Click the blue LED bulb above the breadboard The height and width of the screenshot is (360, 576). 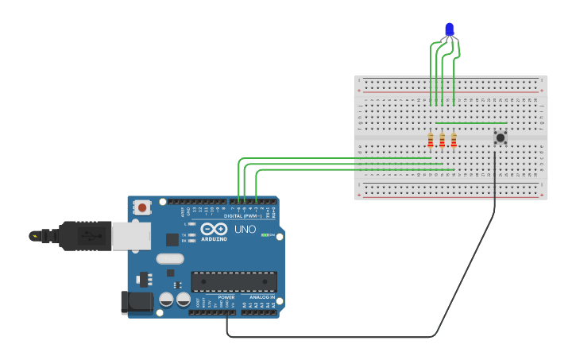450,29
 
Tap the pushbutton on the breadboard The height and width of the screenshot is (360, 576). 500,137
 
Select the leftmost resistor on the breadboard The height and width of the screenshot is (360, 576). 431,140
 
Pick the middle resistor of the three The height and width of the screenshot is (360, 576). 442,140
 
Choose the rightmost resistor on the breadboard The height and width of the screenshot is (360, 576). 454,140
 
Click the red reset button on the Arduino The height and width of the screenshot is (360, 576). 142,207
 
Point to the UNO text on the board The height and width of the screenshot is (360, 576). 245,229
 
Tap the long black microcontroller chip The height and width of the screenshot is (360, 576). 234,281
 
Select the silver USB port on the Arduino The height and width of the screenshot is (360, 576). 131,236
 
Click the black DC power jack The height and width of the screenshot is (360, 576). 137,302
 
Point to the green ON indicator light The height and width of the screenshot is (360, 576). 263,235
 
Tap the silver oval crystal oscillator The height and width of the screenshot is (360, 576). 170,258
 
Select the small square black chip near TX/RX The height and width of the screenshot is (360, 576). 172,239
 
